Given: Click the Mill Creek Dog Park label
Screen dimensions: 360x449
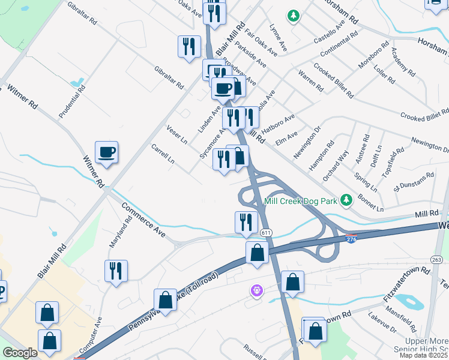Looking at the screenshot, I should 300,201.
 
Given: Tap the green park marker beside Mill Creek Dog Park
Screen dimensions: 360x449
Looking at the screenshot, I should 346,200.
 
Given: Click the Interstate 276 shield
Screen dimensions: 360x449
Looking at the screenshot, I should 352,239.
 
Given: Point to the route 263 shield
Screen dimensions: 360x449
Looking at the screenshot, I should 436,259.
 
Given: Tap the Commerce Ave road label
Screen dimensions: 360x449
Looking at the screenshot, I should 143,220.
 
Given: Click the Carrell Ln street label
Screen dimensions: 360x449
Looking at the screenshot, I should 162,154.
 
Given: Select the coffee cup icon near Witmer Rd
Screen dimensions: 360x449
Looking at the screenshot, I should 106,153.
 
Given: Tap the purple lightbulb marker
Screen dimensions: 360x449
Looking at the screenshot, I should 257,291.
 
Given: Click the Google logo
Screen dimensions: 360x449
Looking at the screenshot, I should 20,353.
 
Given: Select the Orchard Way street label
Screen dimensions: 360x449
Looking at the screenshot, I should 336,165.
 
